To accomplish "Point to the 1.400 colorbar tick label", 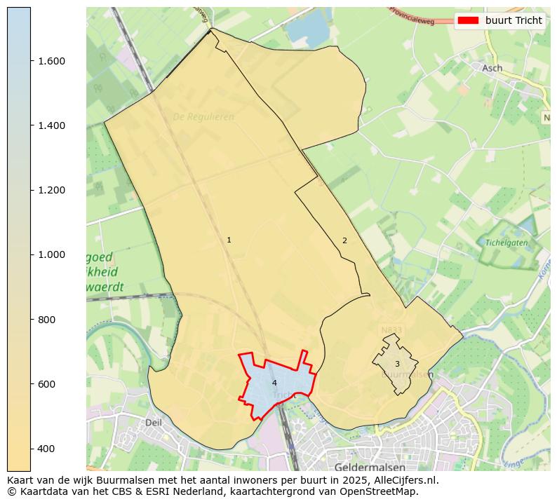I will click(51, 125).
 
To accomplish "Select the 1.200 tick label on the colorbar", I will click(51, 190).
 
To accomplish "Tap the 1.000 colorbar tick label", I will click(51, 254).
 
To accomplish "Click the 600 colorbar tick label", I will click(46, 384).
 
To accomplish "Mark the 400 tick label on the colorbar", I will click(46, 449).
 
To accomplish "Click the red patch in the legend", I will click(468, 20).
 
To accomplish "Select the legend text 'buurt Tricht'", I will click(514, 20).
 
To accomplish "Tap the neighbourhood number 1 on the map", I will click(229, 240).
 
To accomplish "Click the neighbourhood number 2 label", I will click(344, 240).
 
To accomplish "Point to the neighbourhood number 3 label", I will click(397, 364).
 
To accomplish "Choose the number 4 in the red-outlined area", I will click(274, 383).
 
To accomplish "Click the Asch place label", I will click(492, 68).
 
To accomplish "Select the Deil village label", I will click(153, 423).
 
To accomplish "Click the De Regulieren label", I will click(203, 117).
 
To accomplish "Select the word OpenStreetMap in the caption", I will click(382, 491).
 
